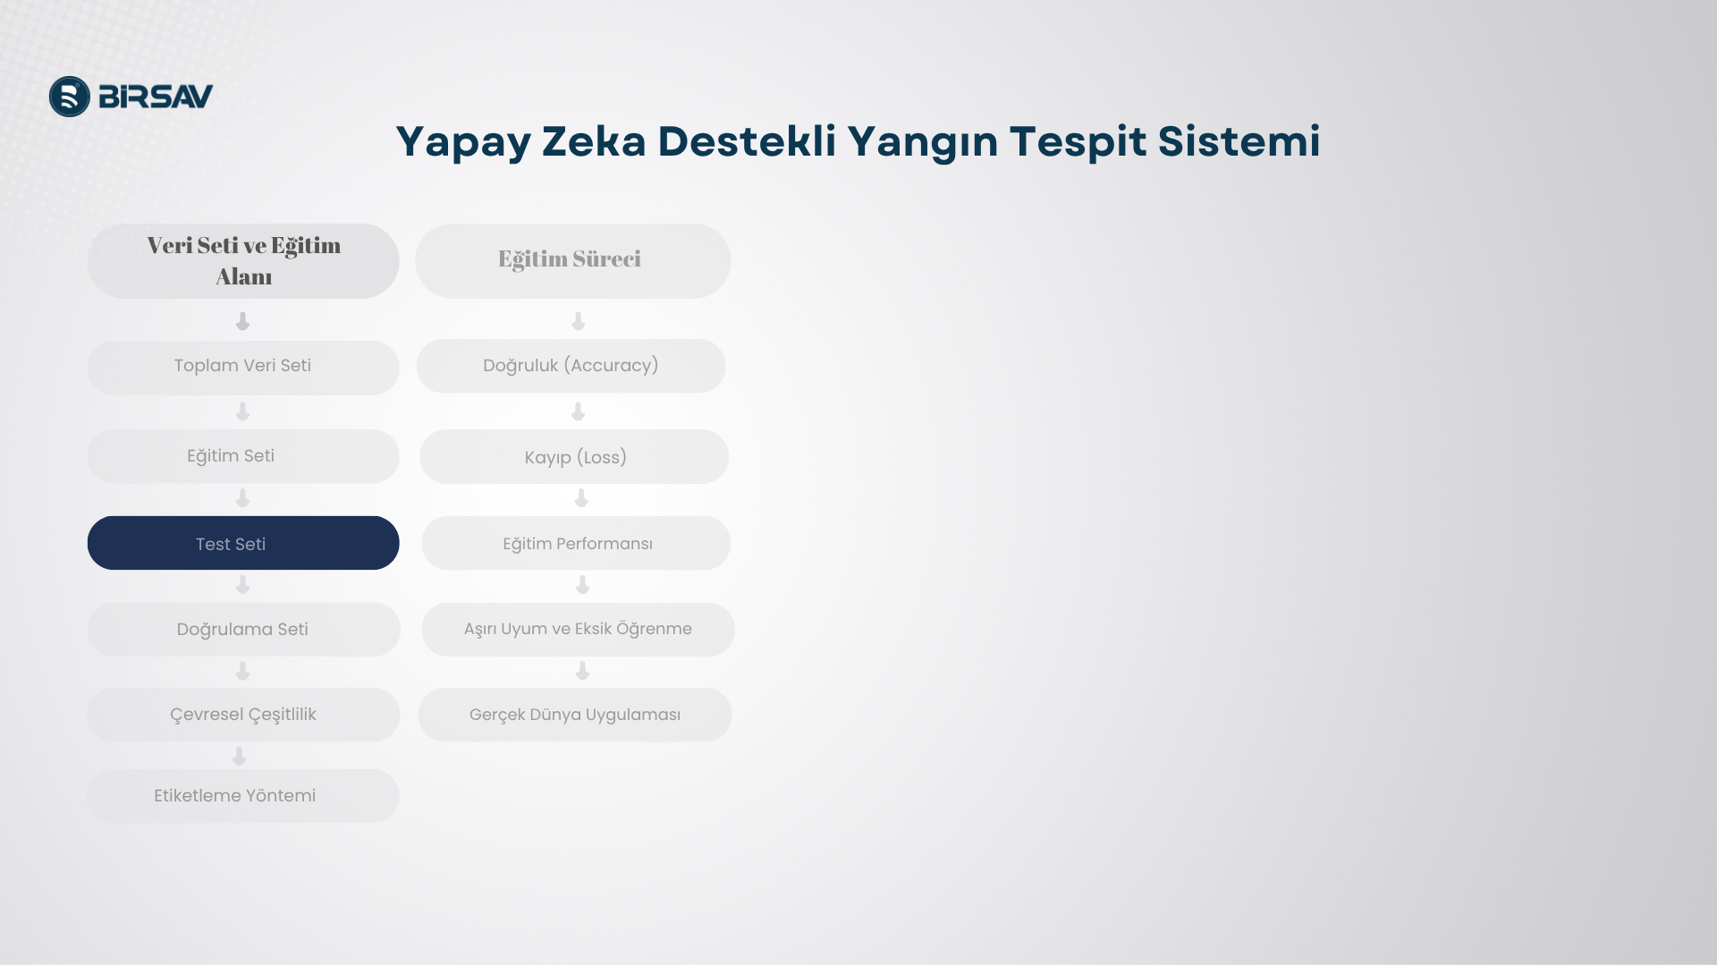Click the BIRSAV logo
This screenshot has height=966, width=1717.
pyautogui.click(x=131, y=97)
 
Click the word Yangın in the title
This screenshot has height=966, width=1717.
pyautogui.click(x=922, y=142)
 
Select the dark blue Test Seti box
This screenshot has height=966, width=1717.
pyautogui.click(x=243, y=543)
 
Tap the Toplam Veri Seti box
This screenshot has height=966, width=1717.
pyautogui.click(x=243, y=368)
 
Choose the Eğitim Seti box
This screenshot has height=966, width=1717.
pyautogui.click(x=243, y=456)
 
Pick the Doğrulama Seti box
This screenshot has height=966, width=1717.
pyautogui.click(x=243, y=630)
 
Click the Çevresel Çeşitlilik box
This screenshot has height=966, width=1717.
pyautogui.click(x=243, y=715)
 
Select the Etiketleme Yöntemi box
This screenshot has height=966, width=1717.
pyautogui.click(x=243, y=796)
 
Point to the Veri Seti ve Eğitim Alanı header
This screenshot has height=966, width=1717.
pyautogui.click(x=243, y=261)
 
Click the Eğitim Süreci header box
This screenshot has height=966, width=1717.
pyautogui.click(x=573, y=261)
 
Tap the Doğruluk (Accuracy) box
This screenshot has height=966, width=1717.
pyautogui.click(x=571, y=366)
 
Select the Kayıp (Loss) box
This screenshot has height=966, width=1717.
pyautogui.click(x=574, y=457)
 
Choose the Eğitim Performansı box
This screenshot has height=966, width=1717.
pyautogui.click(x=576, y=543)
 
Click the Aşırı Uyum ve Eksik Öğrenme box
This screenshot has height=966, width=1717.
pyautogui.click(x=579, y=630)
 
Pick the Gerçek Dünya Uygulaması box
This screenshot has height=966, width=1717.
pyautogui.click(x=575, y=715)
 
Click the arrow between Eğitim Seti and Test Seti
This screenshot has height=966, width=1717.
pyautogui.click(x=242, y=498)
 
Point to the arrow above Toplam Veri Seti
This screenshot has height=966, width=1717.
pyautogui.click(x=242, y=321)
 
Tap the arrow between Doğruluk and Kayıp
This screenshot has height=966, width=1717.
pyautogui.click(x=578, y=411)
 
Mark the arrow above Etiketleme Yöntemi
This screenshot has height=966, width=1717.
pyautogui.click(x=239, y=757)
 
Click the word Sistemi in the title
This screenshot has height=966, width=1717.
pyautogui.click(x=1239, y=142)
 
